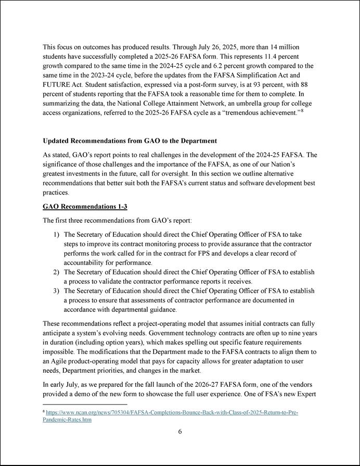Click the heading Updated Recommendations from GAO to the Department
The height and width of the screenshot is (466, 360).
point(130,141)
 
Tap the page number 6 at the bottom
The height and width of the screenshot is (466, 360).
point(180,431)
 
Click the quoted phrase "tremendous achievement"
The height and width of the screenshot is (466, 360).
point(260,113)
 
